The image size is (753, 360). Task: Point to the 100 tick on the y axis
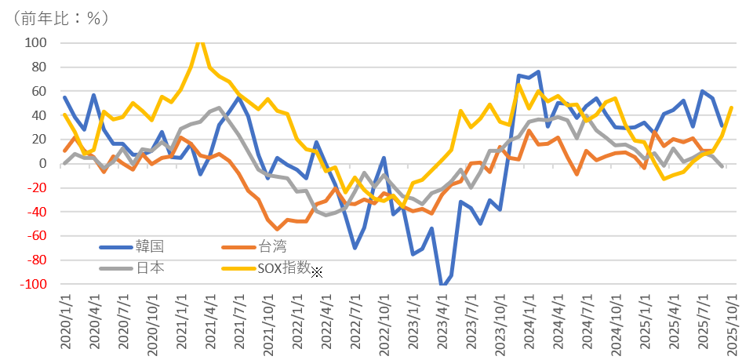point(37,42)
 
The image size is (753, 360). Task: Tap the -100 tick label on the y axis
point(35,284)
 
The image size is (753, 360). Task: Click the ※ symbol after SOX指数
point(317,272)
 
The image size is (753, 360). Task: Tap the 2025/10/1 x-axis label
point(732,323)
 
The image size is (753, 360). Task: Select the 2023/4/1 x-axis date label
point(442,323)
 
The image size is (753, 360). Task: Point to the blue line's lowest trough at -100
point(443,284)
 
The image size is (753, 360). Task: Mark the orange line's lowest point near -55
point(277,229)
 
